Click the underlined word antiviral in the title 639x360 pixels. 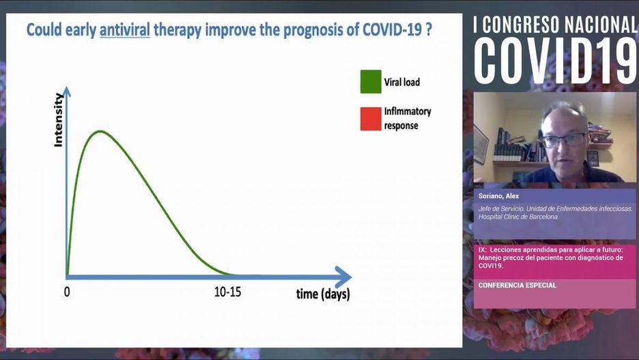[125, 31]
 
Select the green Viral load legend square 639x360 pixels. [370, 82]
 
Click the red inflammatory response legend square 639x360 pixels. [370, 118]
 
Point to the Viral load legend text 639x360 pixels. [402, 82]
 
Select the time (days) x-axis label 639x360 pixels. [323, 294]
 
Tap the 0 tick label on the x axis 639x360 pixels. [67, 292]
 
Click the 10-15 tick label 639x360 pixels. [227, 292]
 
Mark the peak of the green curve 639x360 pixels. [100, 130]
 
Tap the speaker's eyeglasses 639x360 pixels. [563, 139]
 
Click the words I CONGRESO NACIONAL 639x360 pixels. [556, 24]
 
